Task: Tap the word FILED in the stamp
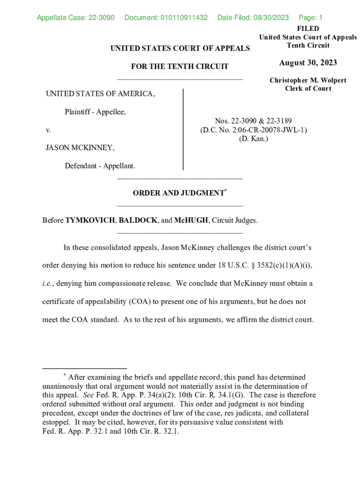pos(308,29)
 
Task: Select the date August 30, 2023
pos(308,63)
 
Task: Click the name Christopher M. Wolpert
pos(308,80)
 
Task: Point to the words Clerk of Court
pos(308,88)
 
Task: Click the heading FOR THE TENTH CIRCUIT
pos(180,66)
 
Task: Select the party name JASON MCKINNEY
pos(80,148)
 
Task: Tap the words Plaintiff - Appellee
pos(95,112)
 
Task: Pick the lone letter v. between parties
pos(48,130)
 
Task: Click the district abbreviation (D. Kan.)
pos(253,138)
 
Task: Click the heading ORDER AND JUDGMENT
pos(178,193)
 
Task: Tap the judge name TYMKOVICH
pos(91,220)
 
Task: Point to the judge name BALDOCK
pos(138,220)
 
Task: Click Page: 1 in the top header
pos(310,18)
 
